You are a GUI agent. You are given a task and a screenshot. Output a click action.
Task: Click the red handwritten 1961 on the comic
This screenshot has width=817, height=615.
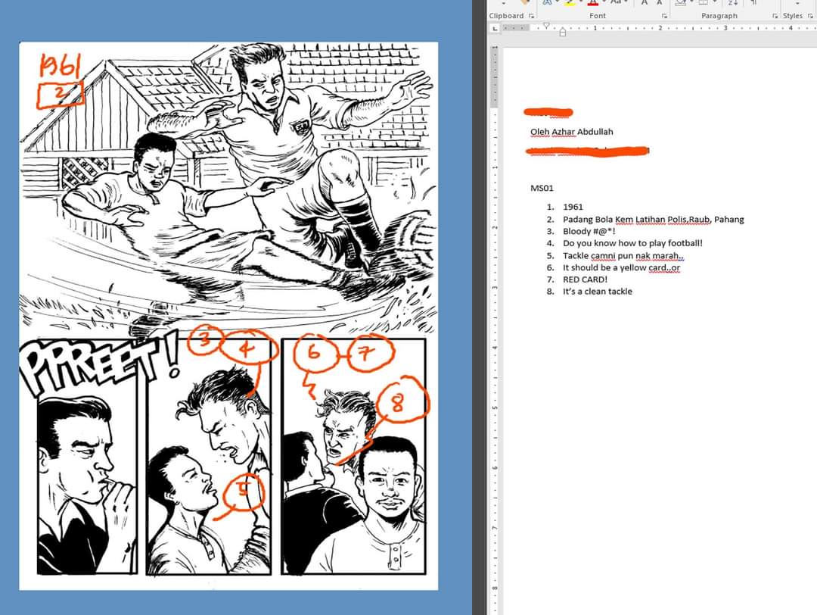[x=61, y=68]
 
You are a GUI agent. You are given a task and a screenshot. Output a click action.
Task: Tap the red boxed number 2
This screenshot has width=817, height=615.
[x=61, y=95]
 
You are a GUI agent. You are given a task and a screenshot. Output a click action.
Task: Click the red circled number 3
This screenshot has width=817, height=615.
[x=202, y=340]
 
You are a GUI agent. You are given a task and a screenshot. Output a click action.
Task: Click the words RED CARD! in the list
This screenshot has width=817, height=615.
[x=585, y=279]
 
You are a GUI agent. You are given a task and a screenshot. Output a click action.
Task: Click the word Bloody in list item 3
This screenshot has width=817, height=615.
[x=576, y=231]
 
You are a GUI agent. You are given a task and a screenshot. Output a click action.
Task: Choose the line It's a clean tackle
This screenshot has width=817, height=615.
[x=597, y=292]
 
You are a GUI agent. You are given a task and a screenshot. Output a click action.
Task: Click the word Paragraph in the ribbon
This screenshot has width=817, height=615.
[x=719, y=15]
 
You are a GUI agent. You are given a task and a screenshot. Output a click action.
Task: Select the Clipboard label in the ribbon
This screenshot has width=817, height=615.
[x=506, y=15]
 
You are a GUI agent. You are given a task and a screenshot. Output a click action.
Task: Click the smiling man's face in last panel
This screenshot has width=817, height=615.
[x=388, y=485]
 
